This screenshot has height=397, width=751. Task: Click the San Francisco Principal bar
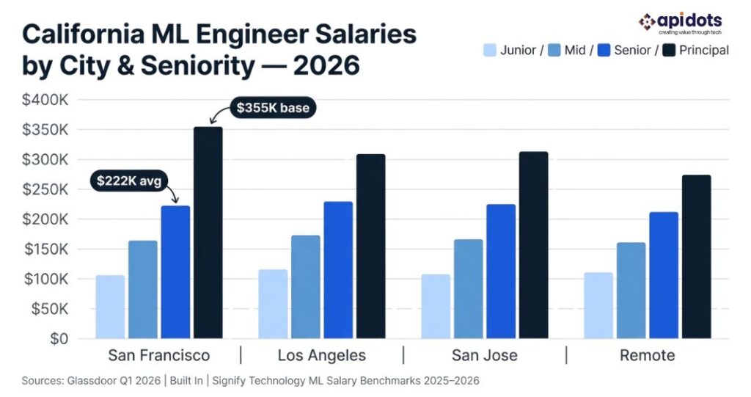point(208,233)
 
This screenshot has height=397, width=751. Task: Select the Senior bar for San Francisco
point(175,272)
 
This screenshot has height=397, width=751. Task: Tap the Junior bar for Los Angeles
point(273,304)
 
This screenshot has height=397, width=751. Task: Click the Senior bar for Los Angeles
point(338,270)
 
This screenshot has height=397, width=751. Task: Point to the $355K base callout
point(273,109)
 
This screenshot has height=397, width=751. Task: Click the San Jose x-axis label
point(484,356)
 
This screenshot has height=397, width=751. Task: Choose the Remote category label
point(647,356)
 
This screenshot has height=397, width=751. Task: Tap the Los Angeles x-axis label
point(321,356)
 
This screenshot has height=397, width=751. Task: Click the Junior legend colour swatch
point(490,51)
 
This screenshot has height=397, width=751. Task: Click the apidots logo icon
point(645,22)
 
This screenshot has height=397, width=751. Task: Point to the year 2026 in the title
point(325,65)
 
